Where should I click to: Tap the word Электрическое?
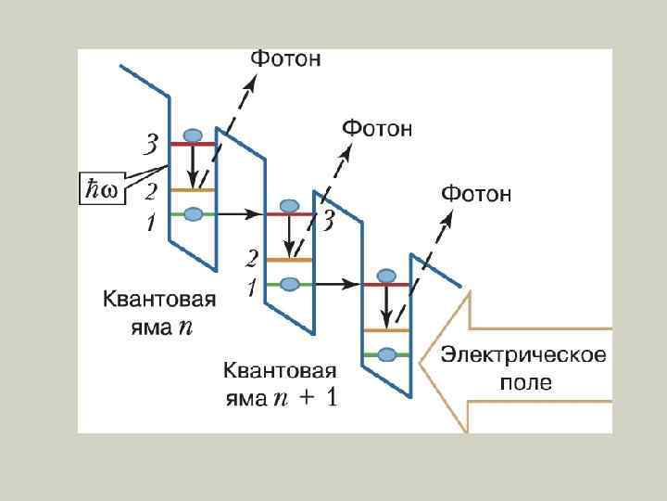tap(523, 355)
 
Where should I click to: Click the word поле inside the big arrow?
tap(525, 382)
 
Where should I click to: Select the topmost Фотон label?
tap(286, 58)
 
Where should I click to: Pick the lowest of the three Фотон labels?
tap(475, 194)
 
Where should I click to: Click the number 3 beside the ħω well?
tap(150, 145)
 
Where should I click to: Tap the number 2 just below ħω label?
tap(150, 193)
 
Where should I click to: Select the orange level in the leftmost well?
tap(191, 190)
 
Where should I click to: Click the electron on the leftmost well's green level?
tap(193, 214)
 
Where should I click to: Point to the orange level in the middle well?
tap(289, 261)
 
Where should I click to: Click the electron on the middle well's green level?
tap(290, 283)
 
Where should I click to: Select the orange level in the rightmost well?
tap(387, 330)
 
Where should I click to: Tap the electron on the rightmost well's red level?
tap(386, 276)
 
